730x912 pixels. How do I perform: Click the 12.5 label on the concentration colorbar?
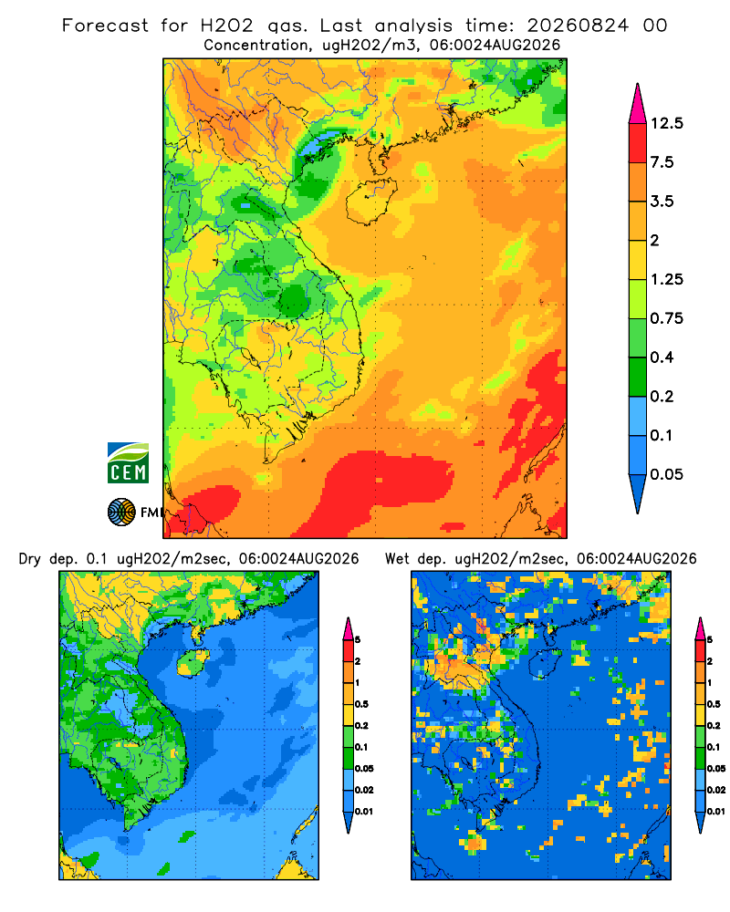666,123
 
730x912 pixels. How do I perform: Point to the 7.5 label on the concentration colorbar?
662,162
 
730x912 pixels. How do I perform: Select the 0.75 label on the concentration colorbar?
666,318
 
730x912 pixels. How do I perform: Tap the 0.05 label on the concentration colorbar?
666,474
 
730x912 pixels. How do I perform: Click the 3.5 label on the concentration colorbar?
662,202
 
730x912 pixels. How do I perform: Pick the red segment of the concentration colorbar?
638,143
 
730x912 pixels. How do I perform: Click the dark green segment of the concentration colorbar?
638,377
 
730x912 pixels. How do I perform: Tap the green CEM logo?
128,463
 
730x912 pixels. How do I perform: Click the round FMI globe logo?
121,512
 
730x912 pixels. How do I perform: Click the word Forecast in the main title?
105,26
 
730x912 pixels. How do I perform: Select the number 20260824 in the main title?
578,26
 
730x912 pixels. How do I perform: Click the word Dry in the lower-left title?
30,559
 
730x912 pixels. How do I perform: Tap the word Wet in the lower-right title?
398,559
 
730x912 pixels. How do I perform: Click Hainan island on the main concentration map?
370,201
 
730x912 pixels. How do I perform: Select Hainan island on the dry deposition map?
193,663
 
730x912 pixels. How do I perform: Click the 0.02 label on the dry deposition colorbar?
364,790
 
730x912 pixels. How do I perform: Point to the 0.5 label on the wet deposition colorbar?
714,704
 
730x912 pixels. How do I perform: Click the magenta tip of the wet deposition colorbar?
700,628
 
